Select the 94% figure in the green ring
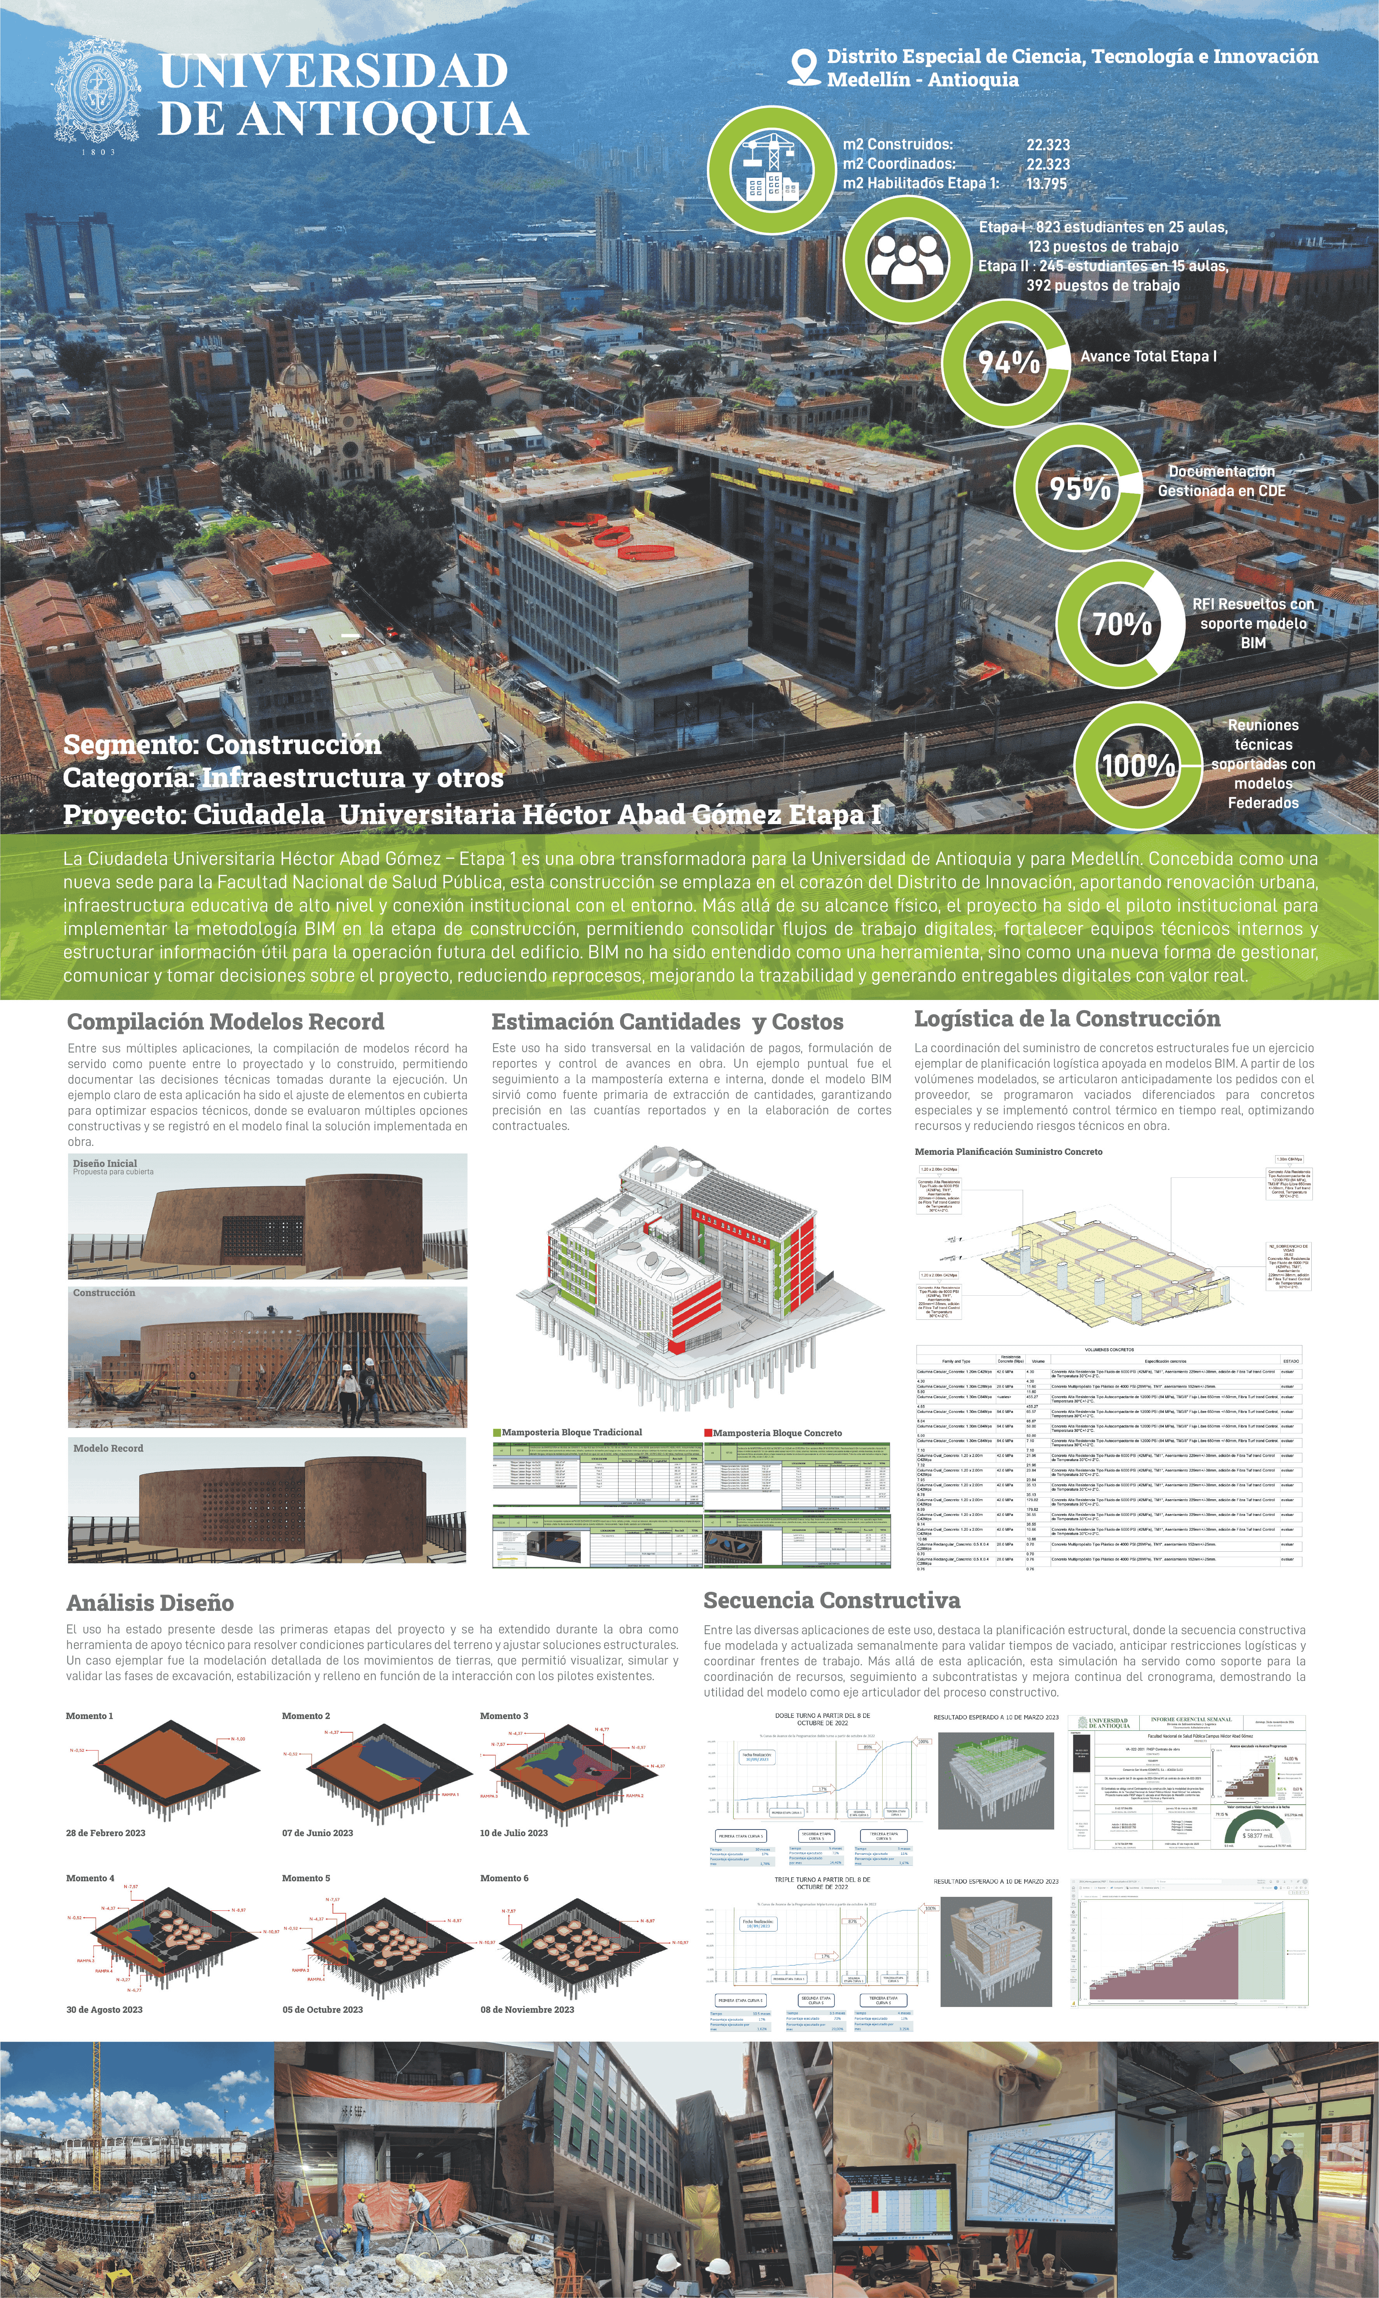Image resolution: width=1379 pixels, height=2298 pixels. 1008,361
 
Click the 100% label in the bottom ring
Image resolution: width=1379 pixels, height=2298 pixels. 1138,766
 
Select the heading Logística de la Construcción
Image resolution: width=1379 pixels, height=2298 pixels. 1067,1018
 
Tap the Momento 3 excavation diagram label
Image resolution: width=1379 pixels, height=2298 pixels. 504,1716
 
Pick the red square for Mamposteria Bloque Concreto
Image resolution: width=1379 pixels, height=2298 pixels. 708,1433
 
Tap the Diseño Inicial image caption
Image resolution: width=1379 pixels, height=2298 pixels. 105,1163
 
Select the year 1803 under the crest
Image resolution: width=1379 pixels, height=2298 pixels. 98,151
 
